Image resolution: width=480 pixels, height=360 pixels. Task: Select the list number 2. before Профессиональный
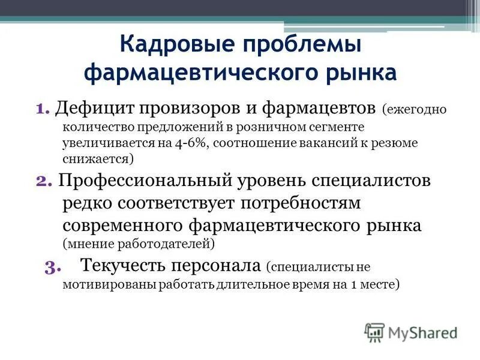(x=45, y=182)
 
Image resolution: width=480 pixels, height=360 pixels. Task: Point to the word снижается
(x=97, y=159)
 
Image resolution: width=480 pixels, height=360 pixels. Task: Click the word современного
(x=123, y=226)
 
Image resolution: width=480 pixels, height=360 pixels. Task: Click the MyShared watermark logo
(x=411, y=332)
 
